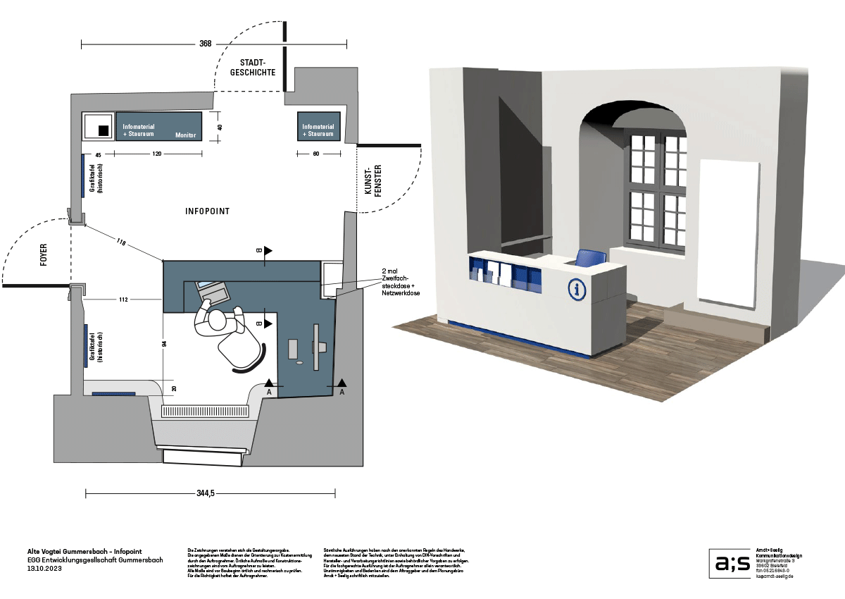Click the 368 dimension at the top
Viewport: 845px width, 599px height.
[205, 44]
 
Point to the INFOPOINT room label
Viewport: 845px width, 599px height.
[207, 211]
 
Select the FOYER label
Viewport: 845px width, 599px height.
[44, 257]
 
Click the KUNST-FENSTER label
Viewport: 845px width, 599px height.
[373, 180]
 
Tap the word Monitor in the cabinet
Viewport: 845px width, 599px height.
[186, 135]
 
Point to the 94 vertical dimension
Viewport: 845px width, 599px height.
[163, 344]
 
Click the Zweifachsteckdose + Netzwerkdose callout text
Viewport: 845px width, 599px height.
[400, 281]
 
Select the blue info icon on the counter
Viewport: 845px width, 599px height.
[577, 289]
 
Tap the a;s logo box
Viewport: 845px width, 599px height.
[730, 563]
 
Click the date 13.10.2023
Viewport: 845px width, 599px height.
[45, 568]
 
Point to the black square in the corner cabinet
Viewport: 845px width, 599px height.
[103, 130]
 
